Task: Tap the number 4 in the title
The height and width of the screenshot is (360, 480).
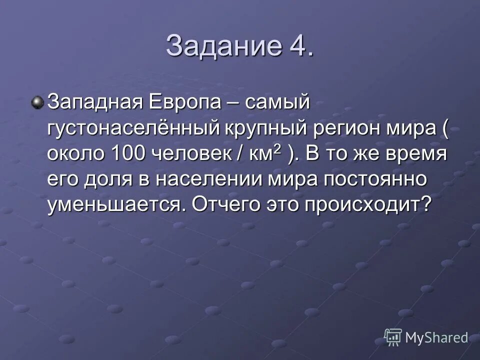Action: [x=299, y=46]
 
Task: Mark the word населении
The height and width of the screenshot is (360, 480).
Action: [x=204, y=178]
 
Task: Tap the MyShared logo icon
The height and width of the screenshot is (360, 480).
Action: [x=393, y=336]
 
